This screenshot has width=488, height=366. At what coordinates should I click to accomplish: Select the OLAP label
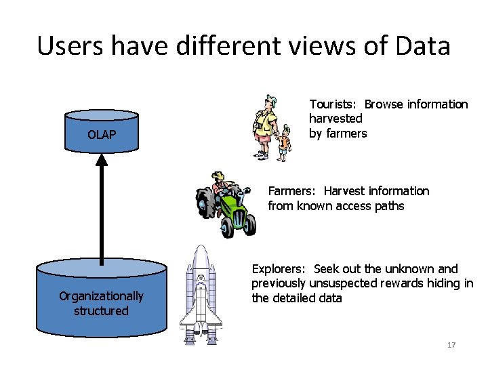102,135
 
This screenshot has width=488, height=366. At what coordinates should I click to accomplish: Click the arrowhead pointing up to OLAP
102,161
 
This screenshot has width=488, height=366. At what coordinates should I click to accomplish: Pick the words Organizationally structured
102,303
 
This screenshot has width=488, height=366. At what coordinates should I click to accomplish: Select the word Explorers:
278,269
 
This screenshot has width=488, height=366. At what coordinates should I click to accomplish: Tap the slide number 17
451,345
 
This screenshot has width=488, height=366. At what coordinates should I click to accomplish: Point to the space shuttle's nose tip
201,248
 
